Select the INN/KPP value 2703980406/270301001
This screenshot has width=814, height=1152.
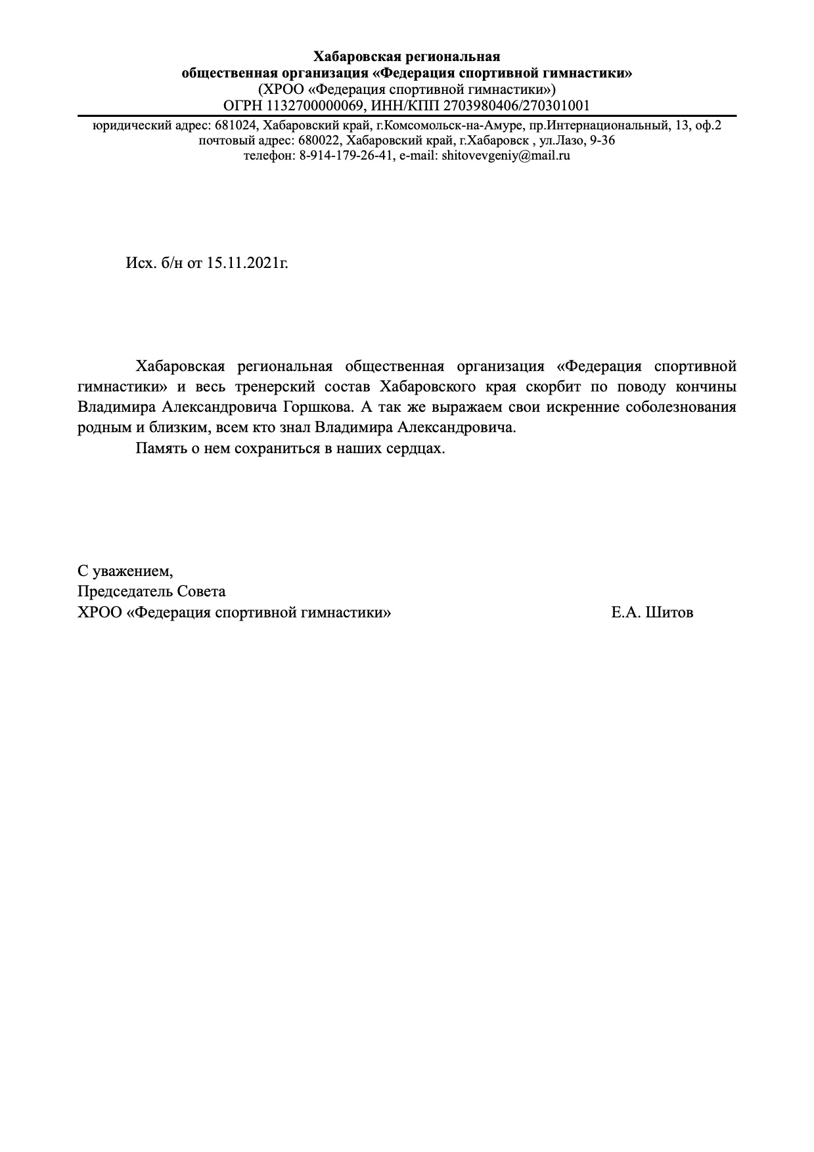[x=516, y=106]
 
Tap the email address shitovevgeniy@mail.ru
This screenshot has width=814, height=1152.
[x=506, y=156]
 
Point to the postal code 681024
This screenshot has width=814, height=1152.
[x=234, y=125]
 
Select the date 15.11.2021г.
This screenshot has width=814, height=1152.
[x=248, y=263]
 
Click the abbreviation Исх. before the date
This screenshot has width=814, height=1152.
[x=140, y=263]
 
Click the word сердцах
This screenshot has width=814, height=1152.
[x=417, y=449]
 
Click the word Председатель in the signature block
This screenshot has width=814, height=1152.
[x=125, y=592]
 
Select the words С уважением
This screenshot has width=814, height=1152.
[x=125, y=570]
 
